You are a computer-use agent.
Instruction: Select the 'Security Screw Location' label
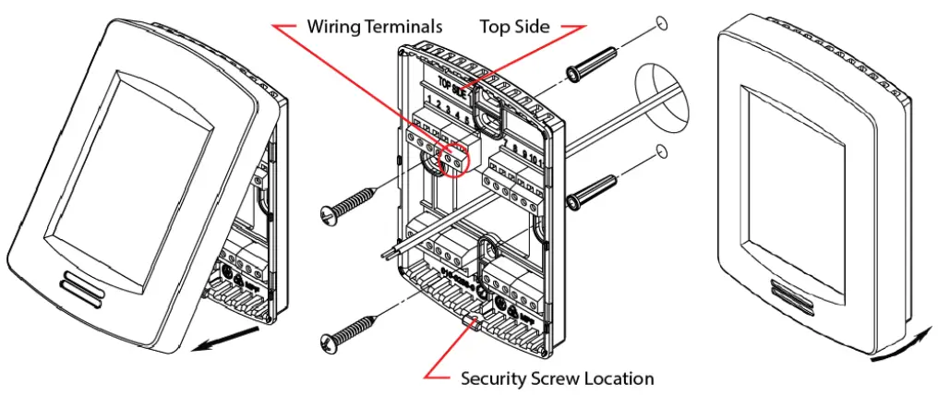point(557,378)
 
